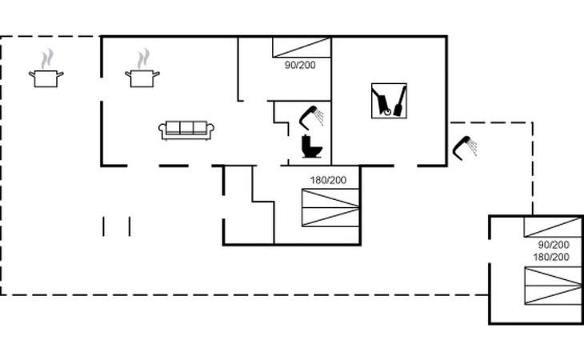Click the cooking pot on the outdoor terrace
tap(46, 78)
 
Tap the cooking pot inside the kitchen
tap(142, 78)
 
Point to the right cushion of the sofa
tap(200, 128)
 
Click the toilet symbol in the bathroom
tap(310, 148)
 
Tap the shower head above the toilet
tap(310, 117)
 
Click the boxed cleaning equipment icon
tap(389, 101)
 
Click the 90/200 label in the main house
tap(300, 65)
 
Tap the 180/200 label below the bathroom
tap(328, 180)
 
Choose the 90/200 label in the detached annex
tap(553, 244)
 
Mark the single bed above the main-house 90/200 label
tap(302, 47)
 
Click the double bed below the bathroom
tap(330, 210)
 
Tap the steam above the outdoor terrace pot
tap(47, 58)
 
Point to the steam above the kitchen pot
tap(143, 58)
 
